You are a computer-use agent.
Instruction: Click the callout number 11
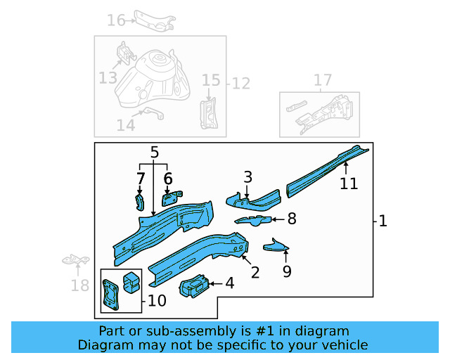point(349,184)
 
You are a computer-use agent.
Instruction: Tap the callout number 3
point(247,176)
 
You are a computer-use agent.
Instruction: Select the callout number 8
point(292,219)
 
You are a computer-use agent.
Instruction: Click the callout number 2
point(255,272)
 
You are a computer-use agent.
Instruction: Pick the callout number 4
point(229,283)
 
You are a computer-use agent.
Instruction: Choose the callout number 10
point(157,301)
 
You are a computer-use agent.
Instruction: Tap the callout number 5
point(155,152)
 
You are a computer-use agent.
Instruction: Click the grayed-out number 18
point(80,285)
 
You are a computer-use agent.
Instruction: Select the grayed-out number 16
point(116,20)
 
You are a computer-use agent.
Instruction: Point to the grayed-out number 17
point(323,81)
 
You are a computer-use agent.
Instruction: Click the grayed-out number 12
point(241,84)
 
